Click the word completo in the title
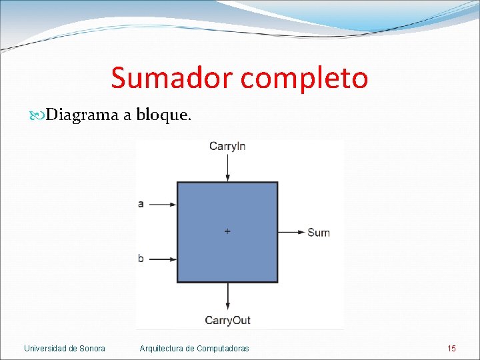(304, 79)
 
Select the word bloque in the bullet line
(163, 115)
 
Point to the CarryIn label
(227, 146)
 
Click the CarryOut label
(227, 321)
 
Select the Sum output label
(318, 233)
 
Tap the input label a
(141, 204)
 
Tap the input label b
(141, 258)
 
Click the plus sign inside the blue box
(227, 231)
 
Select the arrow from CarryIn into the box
(228, 168)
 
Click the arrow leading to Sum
(291, 232)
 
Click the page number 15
(451, 348)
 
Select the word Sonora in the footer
(92, 348)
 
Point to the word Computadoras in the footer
(223, 348)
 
